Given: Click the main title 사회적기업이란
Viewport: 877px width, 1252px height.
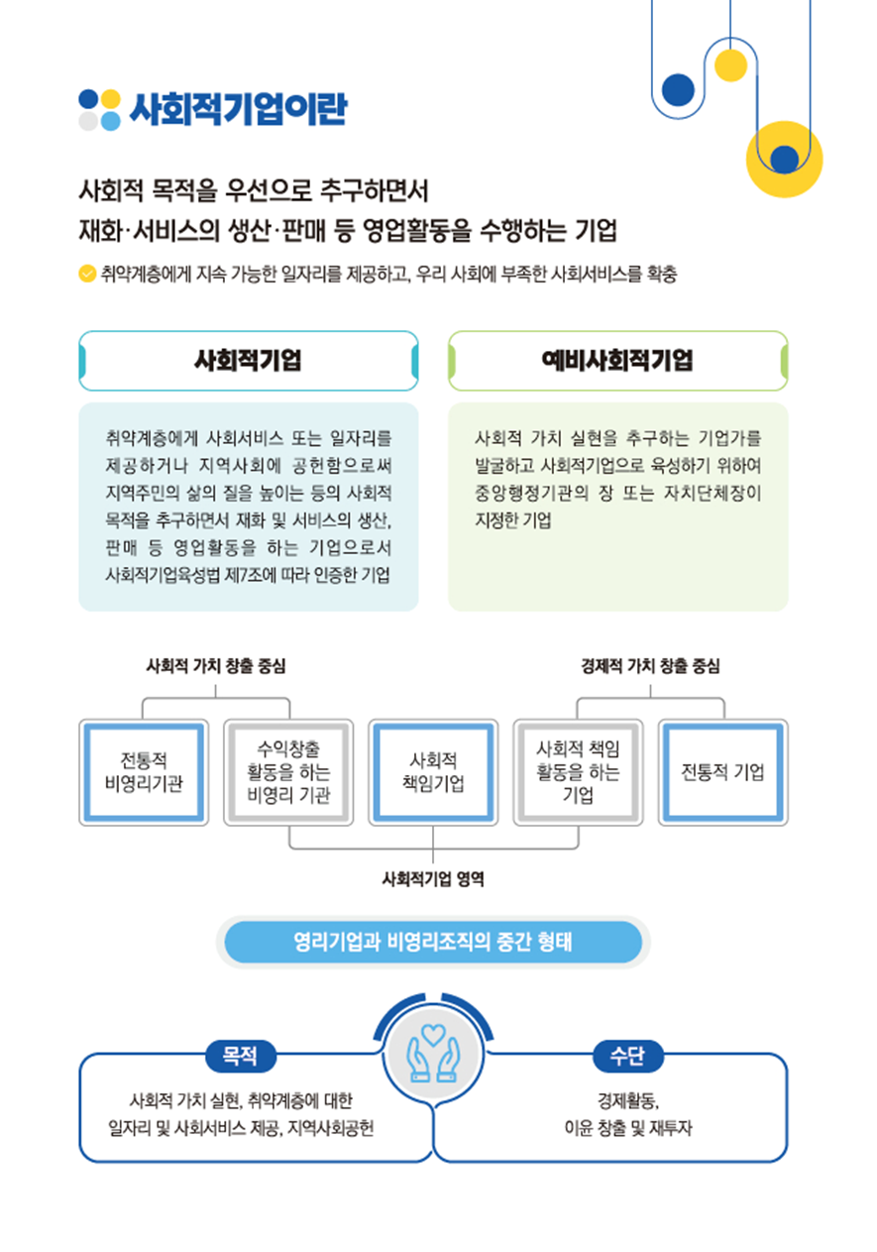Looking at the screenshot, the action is [239, 108].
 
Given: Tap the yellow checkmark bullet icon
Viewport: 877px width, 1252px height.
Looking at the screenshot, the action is [87, 274].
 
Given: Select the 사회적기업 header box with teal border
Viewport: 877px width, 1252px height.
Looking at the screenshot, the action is [249, 361].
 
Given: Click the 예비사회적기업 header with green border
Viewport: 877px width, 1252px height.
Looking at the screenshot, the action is [617, 361].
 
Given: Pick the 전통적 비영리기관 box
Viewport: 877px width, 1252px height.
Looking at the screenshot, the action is [144, 772].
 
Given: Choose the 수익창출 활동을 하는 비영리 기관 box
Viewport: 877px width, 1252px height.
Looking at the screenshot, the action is [288, 772].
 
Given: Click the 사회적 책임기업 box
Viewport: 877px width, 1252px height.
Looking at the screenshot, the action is [433, 772].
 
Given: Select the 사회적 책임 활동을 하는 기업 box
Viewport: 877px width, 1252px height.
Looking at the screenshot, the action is [578, 772].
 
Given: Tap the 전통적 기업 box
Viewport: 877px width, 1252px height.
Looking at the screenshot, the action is [722, 772].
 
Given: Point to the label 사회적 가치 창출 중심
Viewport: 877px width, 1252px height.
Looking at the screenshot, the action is [216, 666].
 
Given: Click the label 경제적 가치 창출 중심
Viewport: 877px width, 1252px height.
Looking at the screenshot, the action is [650, 666].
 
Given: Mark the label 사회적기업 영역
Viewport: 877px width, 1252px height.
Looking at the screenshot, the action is [433, 879].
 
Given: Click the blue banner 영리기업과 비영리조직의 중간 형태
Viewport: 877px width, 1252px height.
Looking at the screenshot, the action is [433, 942].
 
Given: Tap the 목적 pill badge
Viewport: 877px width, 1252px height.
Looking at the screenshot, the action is [241, 1056].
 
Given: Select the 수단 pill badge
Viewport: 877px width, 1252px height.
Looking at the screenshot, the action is [628, 1056].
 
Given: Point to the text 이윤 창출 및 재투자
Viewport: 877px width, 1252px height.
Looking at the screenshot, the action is [628, 1128].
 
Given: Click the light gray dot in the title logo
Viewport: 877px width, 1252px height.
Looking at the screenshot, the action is [88, 121].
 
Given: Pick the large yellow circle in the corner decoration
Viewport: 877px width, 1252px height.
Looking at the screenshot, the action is [784, 160].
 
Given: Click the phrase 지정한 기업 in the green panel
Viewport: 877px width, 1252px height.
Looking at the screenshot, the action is [512, 519].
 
